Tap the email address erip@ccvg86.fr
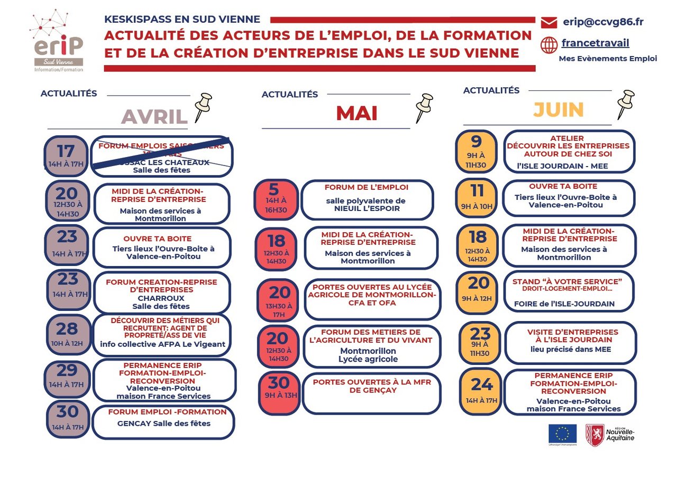[x=603, y=22]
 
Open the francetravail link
[x=595, y=43]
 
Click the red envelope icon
[x=549, y=22]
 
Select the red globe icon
[x=549, y=45]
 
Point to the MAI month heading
[x=356, y=113]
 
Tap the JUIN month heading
[x=558, y=109]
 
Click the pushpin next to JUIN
[x=626, y=104]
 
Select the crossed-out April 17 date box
[x=66, y=155]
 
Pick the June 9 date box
[x=476, y=151]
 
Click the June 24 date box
[x=480, y=391]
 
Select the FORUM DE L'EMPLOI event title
[x=366, y=187]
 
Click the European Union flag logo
[x=562, y=434]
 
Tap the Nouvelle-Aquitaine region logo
[x=609, y=435]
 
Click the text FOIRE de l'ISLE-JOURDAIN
[x=564, y=304]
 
